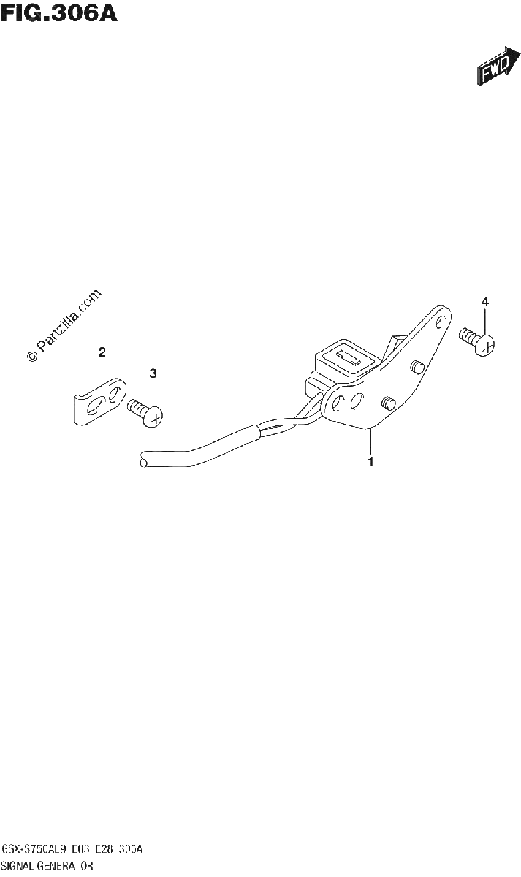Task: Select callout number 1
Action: (x=370, y=462)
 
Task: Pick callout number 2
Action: (x=102, y=352)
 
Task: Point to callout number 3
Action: (x=153, y=373)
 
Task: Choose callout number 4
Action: (x=485, y=302)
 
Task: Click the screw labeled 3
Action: (x=145, y=413)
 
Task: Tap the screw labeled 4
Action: (x=476, y=341)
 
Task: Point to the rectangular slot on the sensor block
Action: (x=349, y=358)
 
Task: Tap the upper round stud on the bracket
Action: (x=417, y=366)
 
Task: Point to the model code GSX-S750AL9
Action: (x=34, y=849)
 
